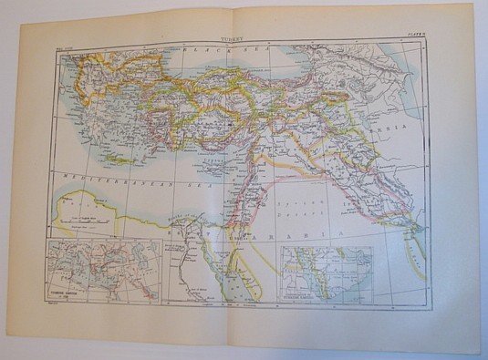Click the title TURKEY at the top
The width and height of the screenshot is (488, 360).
[232, 40]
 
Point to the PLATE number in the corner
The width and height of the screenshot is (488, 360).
[414, 39]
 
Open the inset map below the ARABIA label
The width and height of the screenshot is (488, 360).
[325, 273]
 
